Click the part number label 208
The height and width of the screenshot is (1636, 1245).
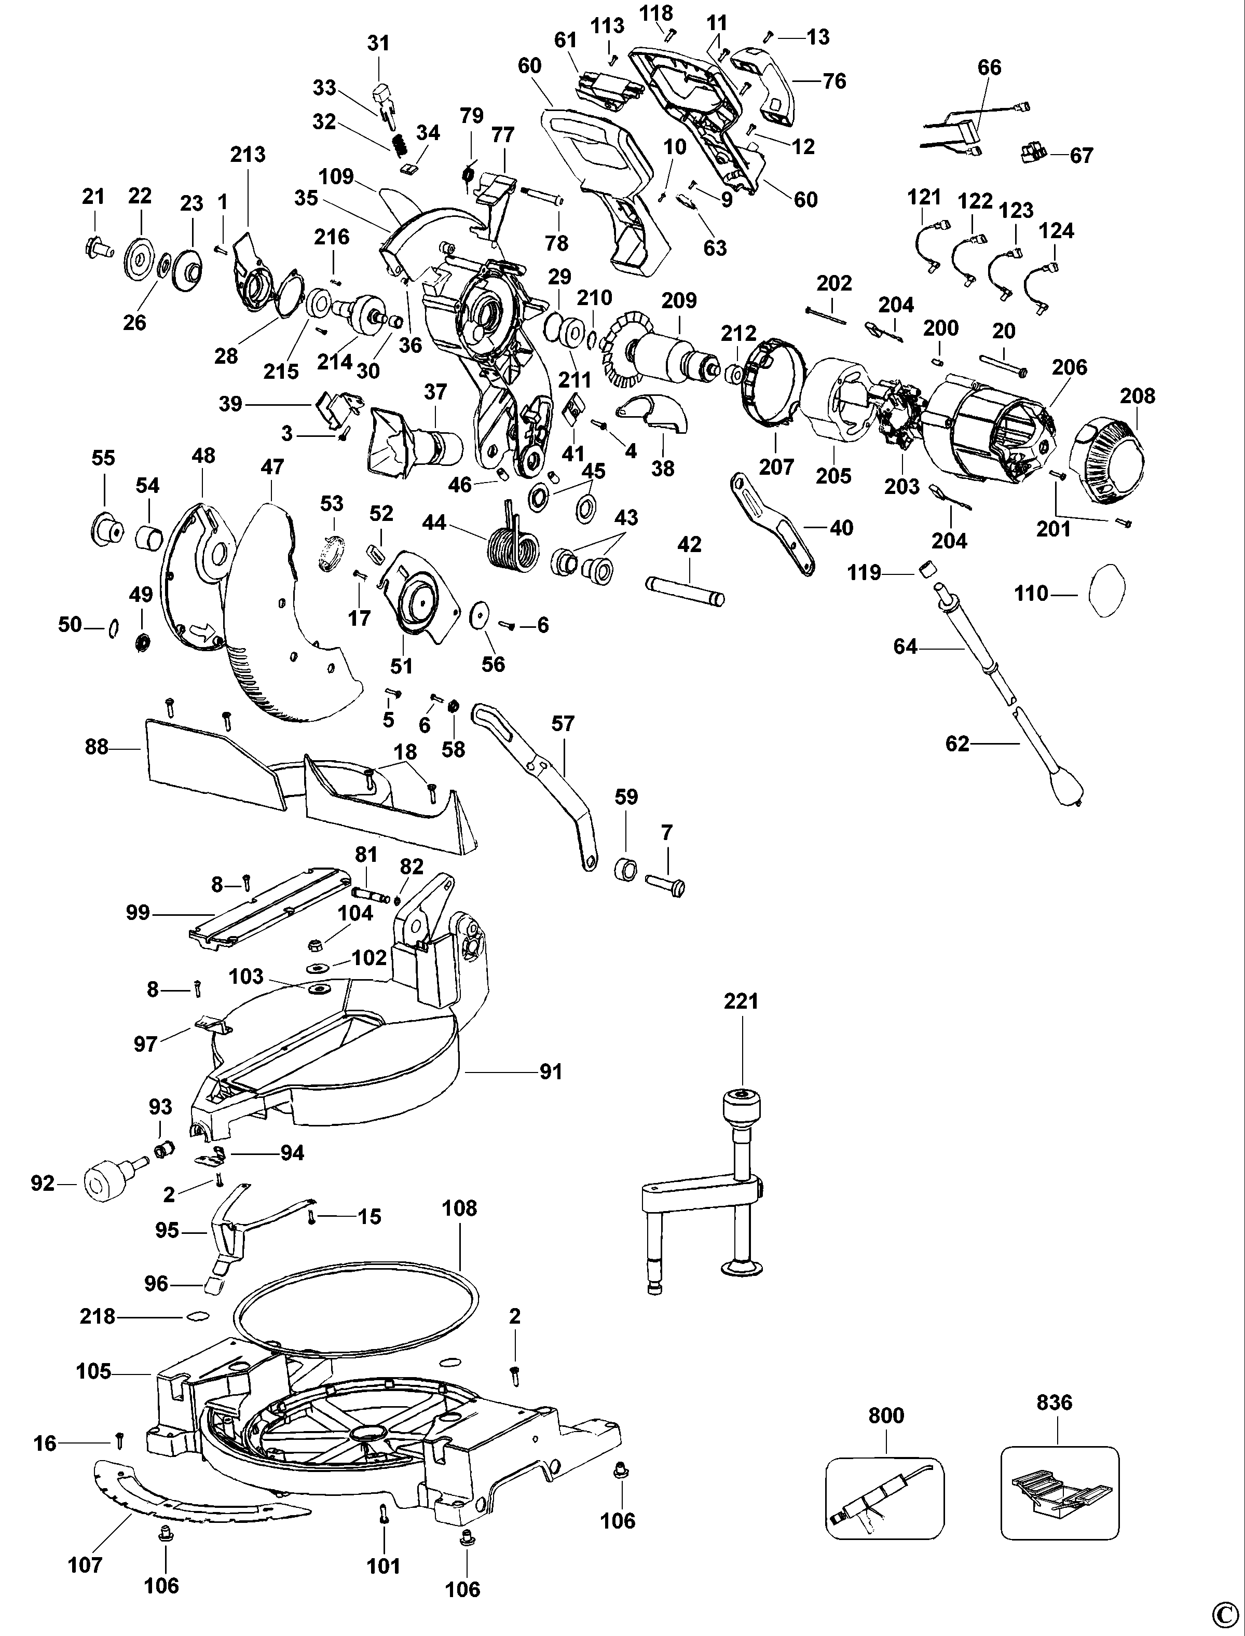point(1137,396)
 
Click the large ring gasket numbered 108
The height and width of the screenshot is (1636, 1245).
point(355,1312)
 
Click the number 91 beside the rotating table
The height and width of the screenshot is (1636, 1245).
point(551,1071)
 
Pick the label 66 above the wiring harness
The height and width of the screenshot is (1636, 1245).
point(989,67)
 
